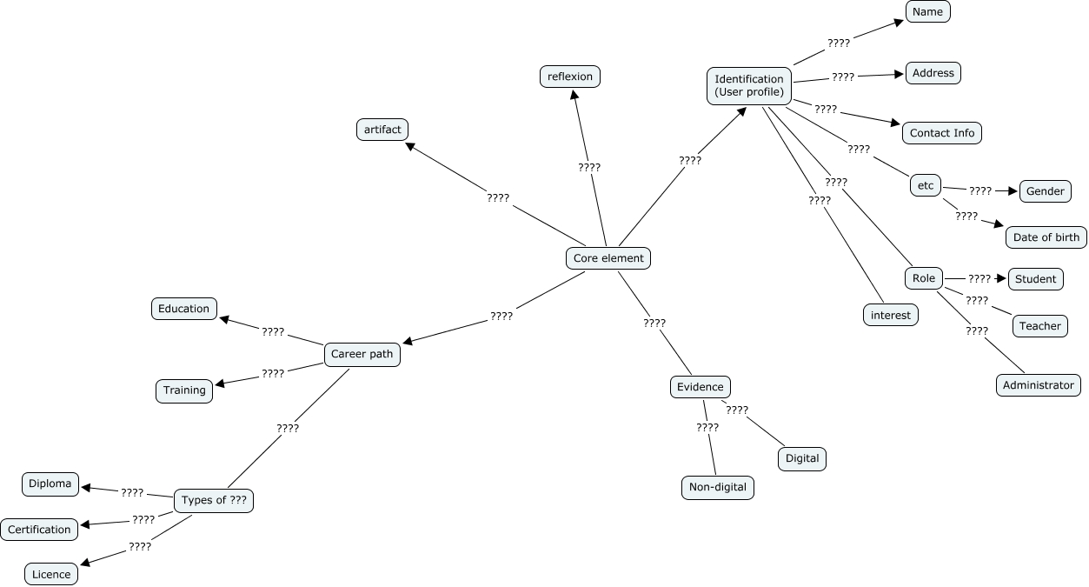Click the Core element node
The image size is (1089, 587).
coord(608,258)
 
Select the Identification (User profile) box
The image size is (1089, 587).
coord(749,85)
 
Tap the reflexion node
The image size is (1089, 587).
coord(570,77)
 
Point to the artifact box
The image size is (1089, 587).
coord(382,130)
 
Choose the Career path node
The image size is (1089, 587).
coord(362,354)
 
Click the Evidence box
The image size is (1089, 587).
coord(701,387)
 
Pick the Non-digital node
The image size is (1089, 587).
coord(718,487)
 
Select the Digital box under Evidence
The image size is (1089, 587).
coord(802,458)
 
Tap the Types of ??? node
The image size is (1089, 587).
coord(214,500)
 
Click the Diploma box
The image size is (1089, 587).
coord(50,484)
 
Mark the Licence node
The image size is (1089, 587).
coord(51,574)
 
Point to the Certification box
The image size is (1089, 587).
coord(40,530)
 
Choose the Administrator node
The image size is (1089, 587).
coord(1039,385)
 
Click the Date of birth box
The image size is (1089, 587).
coord(1046,237)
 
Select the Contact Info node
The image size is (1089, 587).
coord(942,133)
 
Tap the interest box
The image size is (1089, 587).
coord(891,315)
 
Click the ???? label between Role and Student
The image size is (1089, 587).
coord(979,279)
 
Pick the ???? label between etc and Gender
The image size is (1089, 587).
coord(980,190)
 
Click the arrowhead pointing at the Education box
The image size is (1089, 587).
coord(223,318)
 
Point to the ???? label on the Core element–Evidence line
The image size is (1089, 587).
coord(654,324)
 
